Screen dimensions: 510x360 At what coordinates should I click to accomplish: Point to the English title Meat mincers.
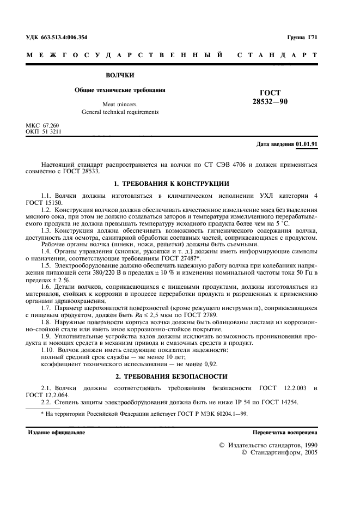120,104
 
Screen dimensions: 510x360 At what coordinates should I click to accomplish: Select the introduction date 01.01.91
307,144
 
